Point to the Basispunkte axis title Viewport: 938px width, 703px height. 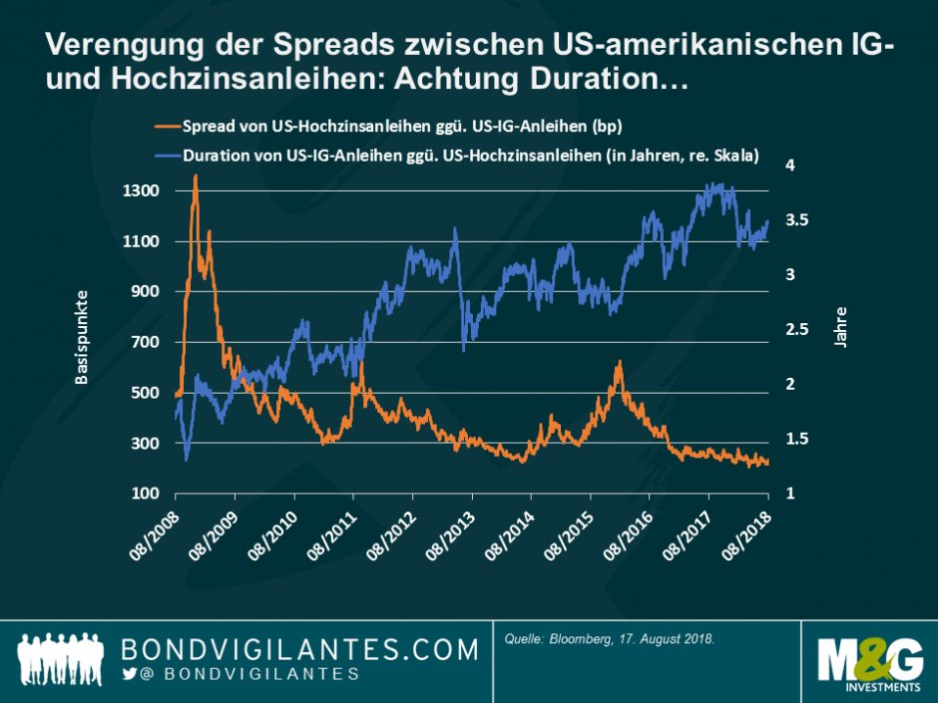coord(82,336)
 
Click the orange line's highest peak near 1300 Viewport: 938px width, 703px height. coord(195,176)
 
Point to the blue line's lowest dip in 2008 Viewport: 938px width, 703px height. coord(187,460)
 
